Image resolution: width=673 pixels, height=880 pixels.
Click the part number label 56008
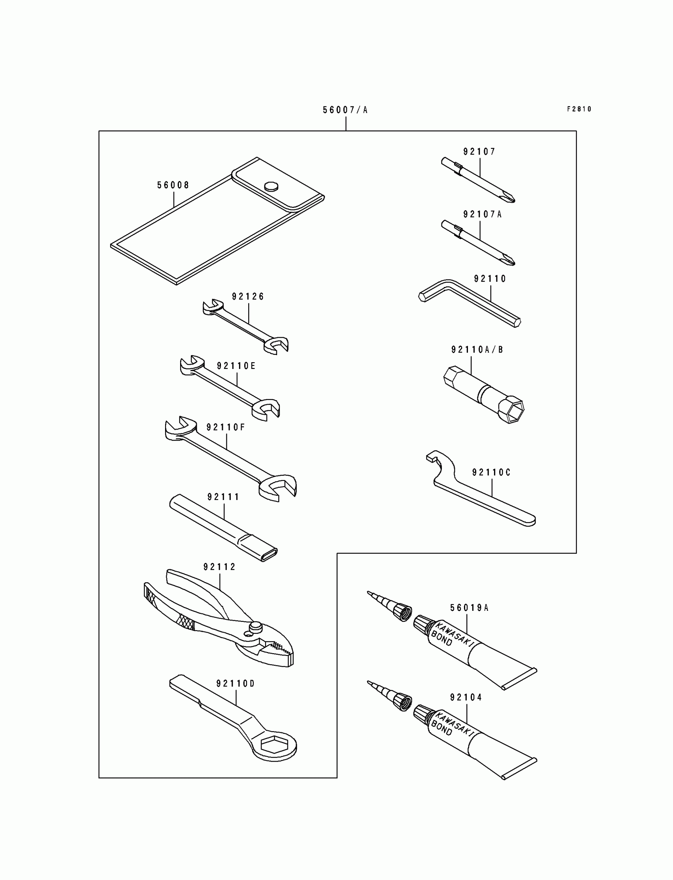click(173, 185)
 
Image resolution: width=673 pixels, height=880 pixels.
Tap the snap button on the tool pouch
click(271, 185)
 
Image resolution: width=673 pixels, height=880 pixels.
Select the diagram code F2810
click(579, 109)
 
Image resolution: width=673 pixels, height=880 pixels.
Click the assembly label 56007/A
click(345, 110)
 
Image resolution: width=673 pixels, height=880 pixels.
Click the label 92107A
click(482, 214)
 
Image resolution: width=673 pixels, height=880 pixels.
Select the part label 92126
click(248, 297)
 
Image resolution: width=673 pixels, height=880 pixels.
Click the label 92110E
click(236, 366)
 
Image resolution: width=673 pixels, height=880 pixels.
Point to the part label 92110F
click(226, 428)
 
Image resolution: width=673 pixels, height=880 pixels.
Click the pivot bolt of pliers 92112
click(255, 626)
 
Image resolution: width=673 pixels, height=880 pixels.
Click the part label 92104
click(466, 698)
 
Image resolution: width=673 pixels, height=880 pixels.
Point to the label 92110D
click(236, 683)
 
